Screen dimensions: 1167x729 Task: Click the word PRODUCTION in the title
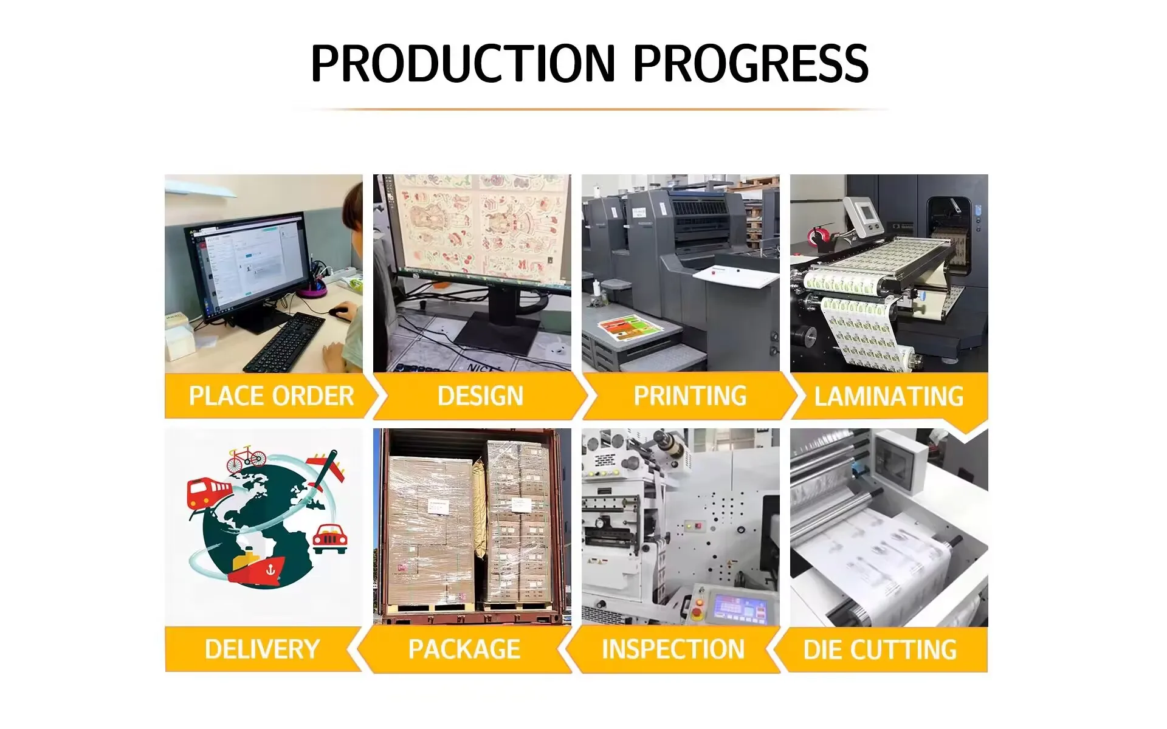[x=463, y=63]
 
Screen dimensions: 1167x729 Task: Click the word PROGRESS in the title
[x=751, y=63]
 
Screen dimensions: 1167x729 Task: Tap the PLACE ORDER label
[x=271, y=396]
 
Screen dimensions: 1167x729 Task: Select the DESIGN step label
[x=480, y=396]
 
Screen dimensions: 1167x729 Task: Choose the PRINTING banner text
[x=690, y=396]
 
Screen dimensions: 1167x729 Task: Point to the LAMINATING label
[x=889, y=397]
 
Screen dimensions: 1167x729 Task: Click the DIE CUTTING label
[x=880, y=650]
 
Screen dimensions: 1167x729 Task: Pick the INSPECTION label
[x=673, y=649]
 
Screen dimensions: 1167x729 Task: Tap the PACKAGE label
[x=464, y=649]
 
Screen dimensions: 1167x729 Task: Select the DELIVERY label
[x=262, y=649]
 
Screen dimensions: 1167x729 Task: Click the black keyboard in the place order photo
[x=284, y=342]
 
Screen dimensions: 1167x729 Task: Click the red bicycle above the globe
[x=246, y=459]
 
